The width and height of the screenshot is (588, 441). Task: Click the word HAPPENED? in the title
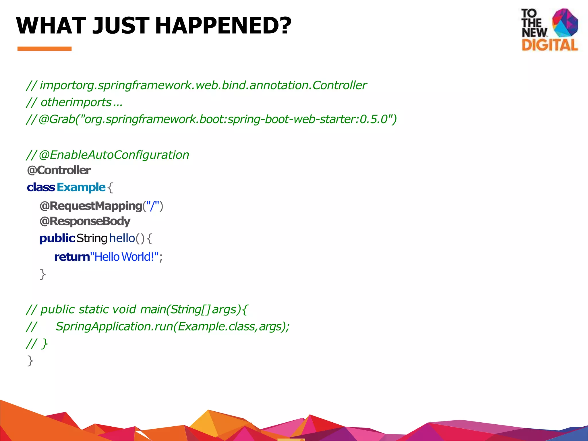(223, 25)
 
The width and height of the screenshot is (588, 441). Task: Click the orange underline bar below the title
(45, 49)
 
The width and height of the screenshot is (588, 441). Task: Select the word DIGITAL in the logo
(550, 45)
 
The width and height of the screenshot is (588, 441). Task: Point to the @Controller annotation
(59, 170)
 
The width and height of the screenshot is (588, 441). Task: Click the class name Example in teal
(81, 187)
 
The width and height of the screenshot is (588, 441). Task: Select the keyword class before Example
(41, 187)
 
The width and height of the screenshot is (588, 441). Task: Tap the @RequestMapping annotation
(91, 206)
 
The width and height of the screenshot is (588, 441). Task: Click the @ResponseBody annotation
(85, 221)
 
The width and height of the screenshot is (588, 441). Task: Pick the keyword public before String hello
(57, 238)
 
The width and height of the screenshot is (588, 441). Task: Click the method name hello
(122, 238)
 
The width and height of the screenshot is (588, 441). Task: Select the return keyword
(72, 257)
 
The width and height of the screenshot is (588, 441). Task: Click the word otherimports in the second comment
(76, 102)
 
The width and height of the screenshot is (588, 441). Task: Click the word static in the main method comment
(93, 309)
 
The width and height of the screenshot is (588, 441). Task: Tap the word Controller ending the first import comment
(339, 85)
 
